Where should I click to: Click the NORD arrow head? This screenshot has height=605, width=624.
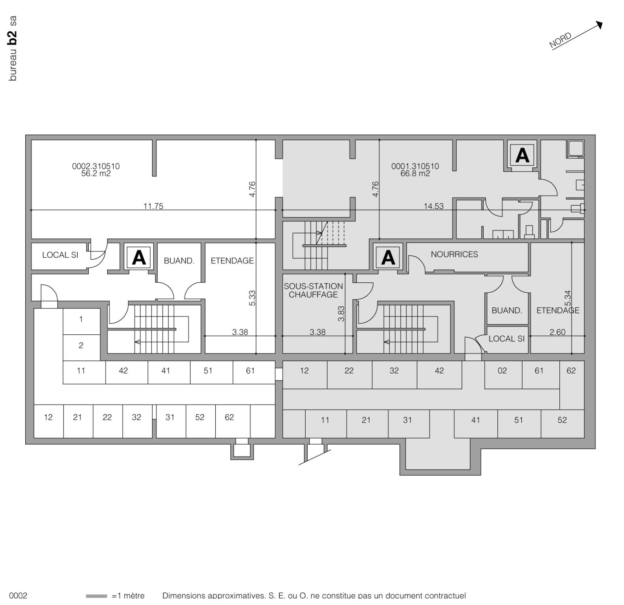600,25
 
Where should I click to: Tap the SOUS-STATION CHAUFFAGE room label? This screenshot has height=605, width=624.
313,290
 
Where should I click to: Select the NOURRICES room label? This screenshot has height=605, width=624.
454,254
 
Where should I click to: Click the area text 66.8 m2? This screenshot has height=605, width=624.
415,174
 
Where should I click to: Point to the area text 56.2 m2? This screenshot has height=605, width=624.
96,174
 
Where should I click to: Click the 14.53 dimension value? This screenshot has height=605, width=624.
433,206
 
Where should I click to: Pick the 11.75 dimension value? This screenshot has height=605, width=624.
153,206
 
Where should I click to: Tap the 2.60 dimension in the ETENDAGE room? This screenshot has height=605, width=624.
557,332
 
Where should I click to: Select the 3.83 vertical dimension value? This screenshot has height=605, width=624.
341,314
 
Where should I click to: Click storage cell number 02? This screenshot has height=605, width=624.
502,371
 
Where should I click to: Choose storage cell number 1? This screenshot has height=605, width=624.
81,319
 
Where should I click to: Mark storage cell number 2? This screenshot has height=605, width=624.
81,345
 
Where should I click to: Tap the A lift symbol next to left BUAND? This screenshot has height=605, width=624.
138,258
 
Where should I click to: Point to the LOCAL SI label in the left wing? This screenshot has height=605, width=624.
60,255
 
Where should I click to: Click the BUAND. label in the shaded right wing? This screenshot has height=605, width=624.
506,310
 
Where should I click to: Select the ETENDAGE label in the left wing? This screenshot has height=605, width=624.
232,261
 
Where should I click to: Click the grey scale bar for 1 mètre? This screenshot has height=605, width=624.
96,596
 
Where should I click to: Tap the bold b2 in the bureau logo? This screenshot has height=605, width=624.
13,36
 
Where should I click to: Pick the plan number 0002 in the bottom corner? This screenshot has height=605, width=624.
18,596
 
